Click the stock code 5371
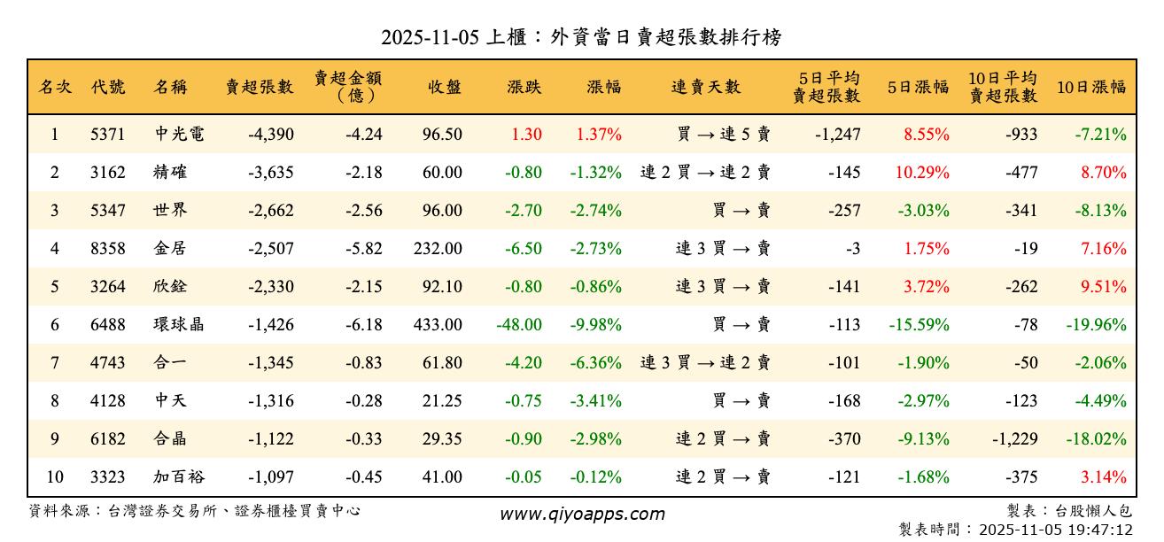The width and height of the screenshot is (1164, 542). point(107,135)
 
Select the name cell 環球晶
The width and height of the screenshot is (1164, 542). point(178,324)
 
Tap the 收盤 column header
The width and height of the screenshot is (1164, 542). point(444,87)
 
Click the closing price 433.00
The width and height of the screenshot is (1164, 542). point(438,324)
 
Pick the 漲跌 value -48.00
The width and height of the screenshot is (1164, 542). point(519,324)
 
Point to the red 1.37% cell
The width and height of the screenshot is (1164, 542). point(599,135)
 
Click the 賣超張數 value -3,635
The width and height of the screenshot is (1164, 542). point(271,173)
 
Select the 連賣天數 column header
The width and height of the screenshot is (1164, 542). point(706,87)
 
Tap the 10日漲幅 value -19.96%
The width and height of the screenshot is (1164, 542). point(1097,324)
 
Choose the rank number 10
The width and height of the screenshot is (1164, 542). point(55,476)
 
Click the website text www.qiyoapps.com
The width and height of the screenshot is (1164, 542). point(582,514)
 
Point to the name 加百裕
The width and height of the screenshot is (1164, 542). point(178,476)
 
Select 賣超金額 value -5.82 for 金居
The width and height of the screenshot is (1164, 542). point(364,249)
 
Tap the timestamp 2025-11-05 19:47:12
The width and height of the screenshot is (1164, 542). point(1054,530)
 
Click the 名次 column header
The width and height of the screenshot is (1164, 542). point(55,87)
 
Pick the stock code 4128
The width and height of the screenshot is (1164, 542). point(107,400)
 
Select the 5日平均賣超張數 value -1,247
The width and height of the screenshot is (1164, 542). point(837,135)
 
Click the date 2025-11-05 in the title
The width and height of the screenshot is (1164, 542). point(431,38)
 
